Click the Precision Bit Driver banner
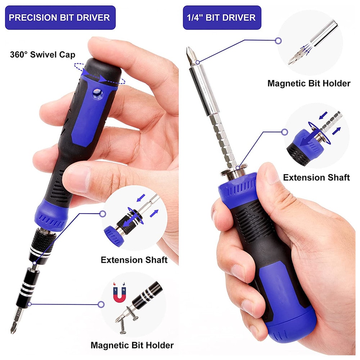[60, 17]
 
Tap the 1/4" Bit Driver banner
[222, 17]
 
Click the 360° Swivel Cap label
[42, 55]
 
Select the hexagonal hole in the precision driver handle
[96, 93]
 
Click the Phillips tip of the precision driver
[15, 327]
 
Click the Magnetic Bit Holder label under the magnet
[132, 345]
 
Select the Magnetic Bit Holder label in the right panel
[309, 84]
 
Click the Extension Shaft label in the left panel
[134, 260]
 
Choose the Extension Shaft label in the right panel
[316, 177]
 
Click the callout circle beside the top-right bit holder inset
[278, 41]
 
